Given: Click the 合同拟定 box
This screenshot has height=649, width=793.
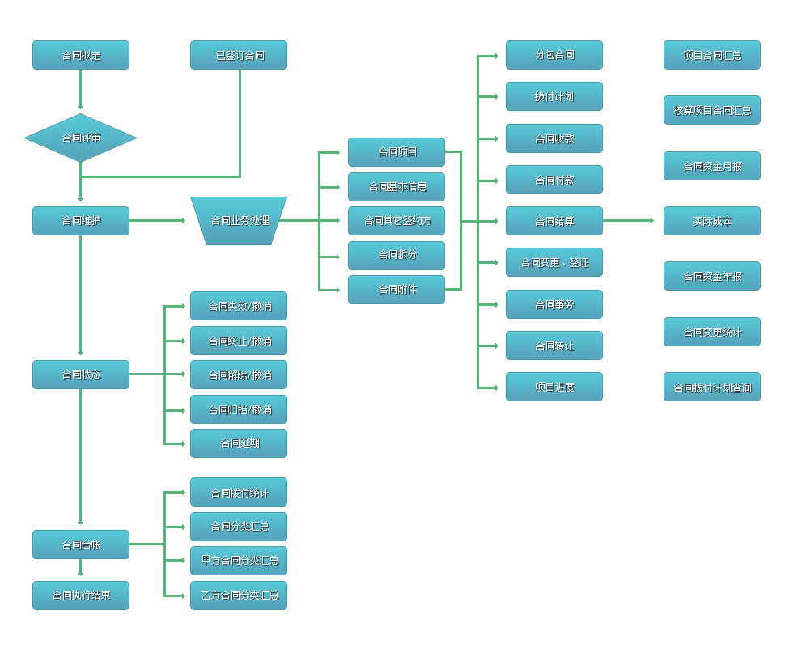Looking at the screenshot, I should pos(81,55).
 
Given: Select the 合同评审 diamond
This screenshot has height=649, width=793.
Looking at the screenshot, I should pos(81,138).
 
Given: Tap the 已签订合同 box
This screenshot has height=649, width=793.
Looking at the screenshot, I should pos(239,55).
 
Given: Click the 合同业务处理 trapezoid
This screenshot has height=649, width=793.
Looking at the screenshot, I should pos(239,220).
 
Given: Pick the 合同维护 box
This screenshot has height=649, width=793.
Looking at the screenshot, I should pos(81,221).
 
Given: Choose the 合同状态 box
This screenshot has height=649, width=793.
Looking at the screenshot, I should pos(81,375).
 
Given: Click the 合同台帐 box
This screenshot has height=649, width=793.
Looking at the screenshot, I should pos(81,545).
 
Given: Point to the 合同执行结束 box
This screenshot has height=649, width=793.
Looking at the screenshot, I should pos(81,596).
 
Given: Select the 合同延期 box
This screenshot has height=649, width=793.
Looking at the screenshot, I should pos(239,443).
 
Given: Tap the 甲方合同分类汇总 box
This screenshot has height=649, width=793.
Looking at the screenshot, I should pos(239,561).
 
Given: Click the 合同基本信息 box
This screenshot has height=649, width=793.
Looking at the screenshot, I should pos(396,187).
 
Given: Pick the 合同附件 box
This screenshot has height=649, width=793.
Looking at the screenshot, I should pos(396,290).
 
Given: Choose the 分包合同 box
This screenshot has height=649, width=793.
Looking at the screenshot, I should pos(554,55).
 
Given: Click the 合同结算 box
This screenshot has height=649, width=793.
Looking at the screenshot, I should pos(554,221).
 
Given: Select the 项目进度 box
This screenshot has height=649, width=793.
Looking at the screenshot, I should pos(554,387).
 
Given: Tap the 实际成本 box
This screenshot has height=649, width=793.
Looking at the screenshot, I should pos(712,221).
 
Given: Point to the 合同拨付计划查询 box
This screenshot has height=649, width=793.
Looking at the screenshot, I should pos(712,387).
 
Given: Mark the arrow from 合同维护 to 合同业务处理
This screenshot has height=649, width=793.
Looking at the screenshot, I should pos(158,220).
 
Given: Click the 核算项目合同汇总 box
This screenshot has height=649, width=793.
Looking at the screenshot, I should pos(712,110).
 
